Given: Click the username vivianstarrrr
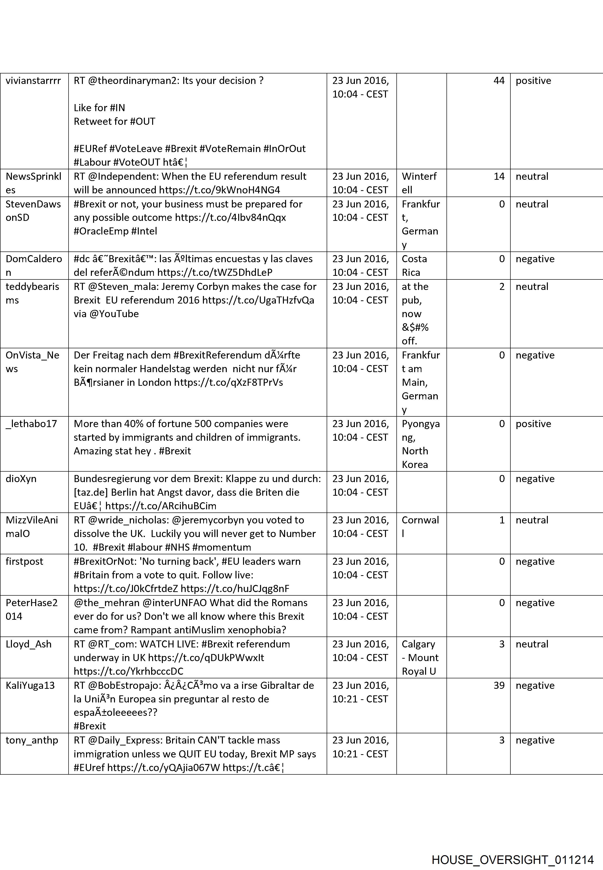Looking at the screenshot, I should coord(33,81).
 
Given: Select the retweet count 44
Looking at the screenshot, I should coord(499,81).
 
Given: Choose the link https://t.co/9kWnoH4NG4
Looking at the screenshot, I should coord(219,190).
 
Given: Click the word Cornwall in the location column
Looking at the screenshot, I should coord(420,526).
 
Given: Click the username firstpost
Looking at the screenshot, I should coord(25,561).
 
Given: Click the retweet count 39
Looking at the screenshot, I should coord(499,685).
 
